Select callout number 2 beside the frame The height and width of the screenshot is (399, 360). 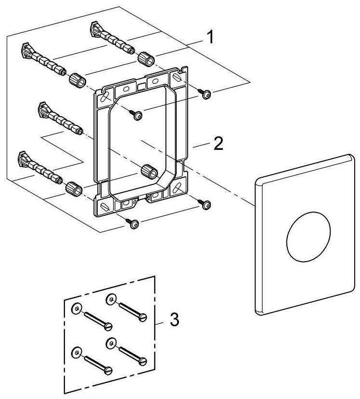[219, 143]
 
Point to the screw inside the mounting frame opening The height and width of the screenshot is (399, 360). [138, 114]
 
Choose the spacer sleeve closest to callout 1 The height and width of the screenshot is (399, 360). [145, 60]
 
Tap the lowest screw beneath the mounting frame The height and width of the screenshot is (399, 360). [134, 222]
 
